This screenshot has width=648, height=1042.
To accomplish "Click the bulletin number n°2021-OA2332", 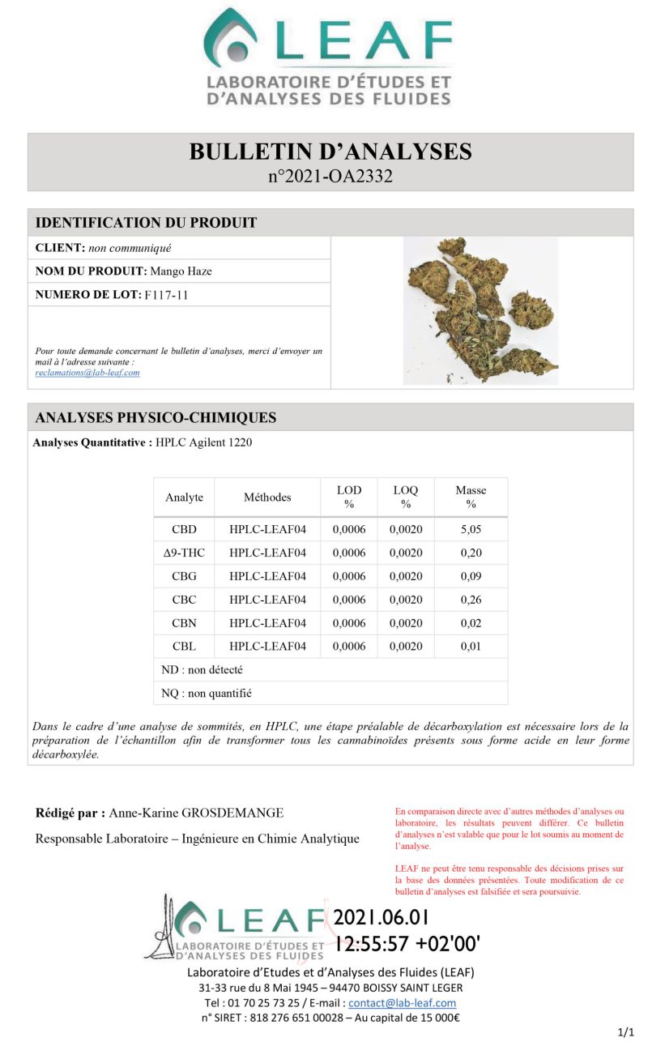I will (x=330, y=176).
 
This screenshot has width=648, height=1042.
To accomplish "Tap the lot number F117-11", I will (x=166, y=295).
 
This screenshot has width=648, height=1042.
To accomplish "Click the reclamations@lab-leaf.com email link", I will (x=87, y=373).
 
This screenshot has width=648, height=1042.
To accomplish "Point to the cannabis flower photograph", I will (x=481, y=310).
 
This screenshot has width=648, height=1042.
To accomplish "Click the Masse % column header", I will (x=471, y=497).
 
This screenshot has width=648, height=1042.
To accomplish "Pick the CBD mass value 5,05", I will (x=471, y=530).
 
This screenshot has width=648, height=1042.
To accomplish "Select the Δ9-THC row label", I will (x=184, y=553).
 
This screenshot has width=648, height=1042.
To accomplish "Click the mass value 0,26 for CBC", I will (x=471, y=600).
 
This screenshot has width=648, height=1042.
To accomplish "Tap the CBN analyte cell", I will (x=184, y=624).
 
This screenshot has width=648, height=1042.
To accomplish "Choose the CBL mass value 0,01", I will (x=471, y=647).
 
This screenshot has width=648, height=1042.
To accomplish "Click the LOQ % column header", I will (x=406, y=497).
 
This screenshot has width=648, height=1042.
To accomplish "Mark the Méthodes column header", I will (x=267, y=497).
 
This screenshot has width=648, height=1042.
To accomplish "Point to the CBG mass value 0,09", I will (x=471, y=577).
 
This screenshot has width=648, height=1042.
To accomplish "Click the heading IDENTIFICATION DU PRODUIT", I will (x=147, y=223).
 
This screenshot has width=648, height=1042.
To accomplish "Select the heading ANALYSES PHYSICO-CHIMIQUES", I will (x=156, y=418).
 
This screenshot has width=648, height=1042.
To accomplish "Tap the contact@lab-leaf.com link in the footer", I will (x=402, y=1003).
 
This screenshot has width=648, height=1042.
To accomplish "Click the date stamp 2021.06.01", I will (x=382, y=918).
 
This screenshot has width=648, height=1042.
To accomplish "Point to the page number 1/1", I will (x=625, y=1032).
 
